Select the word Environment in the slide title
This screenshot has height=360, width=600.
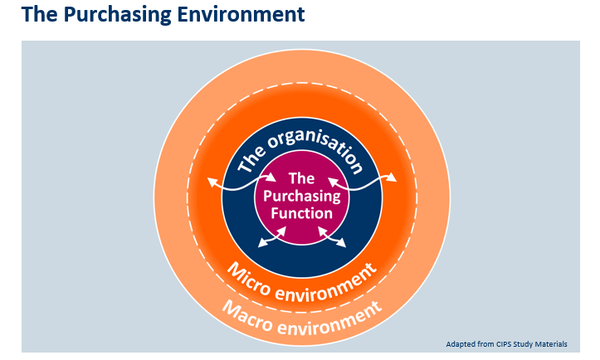point(241,15)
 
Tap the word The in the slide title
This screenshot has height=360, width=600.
point(41,15)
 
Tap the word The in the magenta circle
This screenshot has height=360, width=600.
point(300,178)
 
